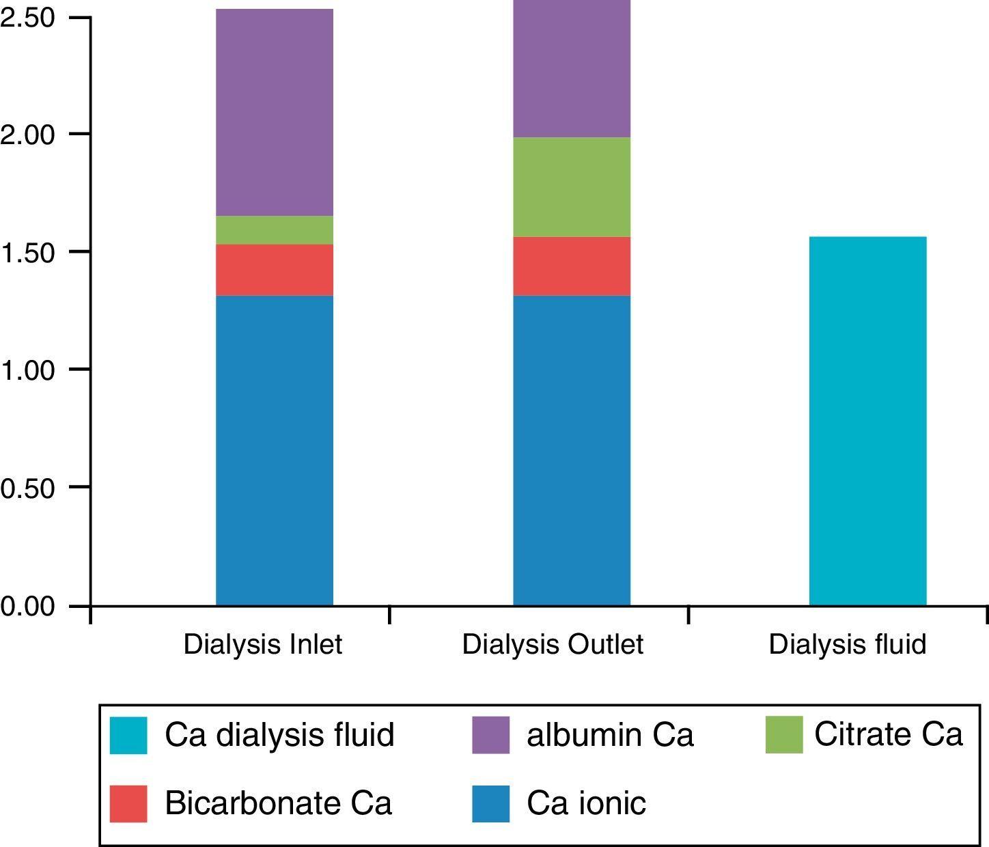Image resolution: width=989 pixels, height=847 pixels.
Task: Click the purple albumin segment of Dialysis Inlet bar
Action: (275, 113)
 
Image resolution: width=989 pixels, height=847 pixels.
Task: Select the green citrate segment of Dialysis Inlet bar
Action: (275, 230)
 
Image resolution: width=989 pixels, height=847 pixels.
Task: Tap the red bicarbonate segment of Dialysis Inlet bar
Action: (275, 270)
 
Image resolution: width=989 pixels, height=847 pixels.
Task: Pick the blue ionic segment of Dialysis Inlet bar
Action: (275, 451)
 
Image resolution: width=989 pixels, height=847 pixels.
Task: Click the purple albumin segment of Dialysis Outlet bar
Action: (572, 68)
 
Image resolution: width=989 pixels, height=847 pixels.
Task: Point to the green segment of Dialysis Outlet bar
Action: (572, 187)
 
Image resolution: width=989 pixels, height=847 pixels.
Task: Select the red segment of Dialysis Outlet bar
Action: (572, 266)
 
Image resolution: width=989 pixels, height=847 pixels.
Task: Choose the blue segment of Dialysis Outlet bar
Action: (572, 451)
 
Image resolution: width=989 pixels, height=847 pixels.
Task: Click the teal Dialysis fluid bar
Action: (867, 421)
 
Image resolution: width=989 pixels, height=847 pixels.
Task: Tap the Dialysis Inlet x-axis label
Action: (263, 644)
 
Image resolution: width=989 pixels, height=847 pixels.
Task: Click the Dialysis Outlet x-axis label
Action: (553, 644)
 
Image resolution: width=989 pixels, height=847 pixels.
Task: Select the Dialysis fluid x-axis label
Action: (848, 644)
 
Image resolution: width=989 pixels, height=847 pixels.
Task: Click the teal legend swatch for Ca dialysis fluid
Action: (128, 735)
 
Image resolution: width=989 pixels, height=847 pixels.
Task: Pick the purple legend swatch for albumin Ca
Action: (490, 735)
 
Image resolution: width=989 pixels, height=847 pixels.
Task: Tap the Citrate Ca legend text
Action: (888, 734)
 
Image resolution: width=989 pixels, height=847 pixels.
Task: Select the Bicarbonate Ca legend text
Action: (278, 803)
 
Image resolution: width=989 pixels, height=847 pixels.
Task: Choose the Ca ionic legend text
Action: (586, 803)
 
